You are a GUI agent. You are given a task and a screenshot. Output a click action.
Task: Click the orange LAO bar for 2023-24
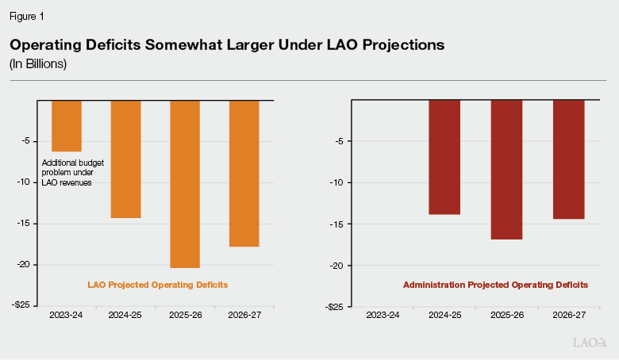click(67, 125)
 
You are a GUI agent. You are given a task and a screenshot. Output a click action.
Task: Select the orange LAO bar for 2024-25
click(125, 159)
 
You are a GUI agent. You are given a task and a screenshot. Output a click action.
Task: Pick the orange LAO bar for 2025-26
click(185, 184)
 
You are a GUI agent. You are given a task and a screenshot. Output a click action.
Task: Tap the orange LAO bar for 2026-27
click(244, 174)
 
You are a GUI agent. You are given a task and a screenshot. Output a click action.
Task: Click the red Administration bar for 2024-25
click(444, 157)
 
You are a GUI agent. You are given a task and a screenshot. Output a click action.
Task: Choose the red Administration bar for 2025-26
click(506, 170)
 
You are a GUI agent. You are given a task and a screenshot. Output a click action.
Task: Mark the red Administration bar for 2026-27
click(568, 159)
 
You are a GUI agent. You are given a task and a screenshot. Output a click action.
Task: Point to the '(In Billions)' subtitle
click(38, 64)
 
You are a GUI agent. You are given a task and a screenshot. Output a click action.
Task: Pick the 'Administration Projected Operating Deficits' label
click(495, 284)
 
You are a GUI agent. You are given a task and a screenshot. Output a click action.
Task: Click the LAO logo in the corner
click(590, 343)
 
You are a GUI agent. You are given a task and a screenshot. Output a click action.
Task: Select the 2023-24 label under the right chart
click(383, 316)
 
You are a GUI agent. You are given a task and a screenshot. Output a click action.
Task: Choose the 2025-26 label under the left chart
click(185, 316)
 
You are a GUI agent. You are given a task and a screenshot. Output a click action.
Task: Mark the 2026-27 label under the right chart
click(568, 316)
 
